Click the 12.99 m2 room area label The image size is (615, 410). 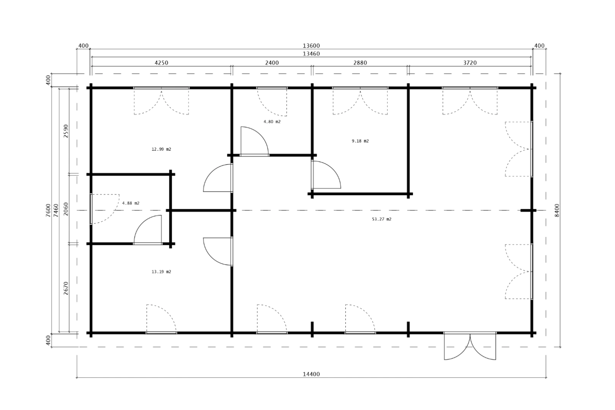coord(161,150)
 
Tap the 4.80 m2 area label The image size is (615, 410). coord(272,121)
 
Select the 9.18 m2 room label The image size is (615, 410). coord(360,141)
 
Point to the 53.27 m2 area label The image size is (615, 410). coord(382,219)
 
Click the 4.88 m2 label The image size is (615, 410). coord(131,203)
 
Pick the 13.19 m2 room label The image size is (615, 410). coord(161,272)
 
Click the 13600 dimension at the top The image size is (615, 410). coord(311,46)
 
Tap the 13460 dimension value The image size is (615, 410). coord(311,54)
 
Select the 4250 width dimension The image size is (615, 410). coord(161,63)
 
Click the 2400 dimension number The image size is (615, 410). coord(272,63)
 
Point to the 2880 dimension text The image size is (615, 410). coord(360,63)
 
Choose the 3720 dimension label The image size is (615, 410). coord(470,63)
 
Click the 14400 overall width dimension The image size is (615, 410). coord(311,374)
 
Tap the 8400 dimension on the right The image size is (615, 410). coord(557,210)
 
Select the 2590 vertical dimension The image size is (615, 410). coord(66,131)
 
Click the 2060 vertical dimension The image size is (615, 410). coord(66,209)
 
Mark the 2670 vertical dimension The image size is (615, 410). coord(66,289)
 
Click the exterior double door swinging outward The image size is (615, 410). coord(470,347)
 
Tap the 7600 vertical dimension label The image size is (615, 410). coord(48,210)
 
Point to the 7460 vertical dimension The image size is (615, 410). coord(56,210)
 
